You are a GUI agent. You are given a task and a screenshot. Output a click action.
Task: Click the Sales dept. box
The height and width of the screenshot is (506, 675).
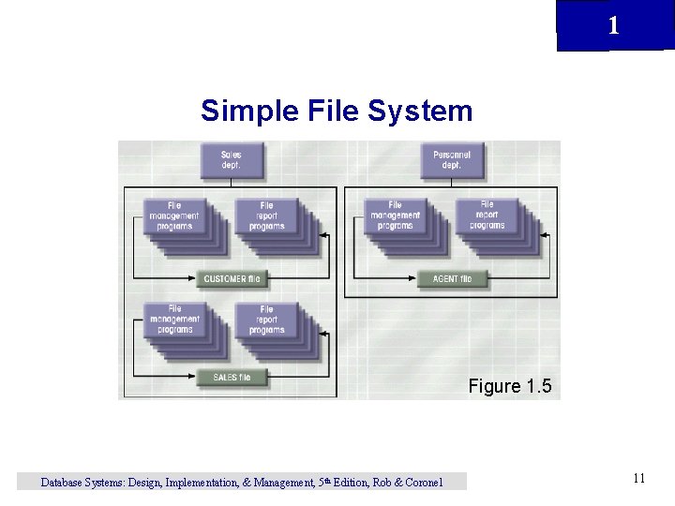232,160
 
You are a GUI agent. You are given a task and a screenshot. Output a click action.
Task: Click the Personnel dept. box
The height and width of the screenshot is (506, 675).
451,160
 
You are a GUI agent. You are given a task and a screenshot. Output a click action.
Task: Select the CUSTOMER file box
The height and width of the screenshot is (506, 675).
232,278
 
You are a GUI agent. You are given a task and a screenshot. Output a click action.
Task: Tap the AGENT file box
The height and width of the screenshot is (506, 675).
452,278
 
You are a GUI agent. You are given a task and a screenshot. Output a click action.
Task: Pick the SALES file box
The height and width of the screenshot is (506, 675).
232,378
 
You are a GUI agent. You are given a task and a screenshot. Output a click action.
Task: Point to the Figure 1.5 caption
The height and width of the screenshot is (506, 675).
510,386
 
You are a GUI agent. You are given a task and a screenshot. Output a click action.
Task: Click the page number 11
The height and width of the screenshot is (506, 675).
638,479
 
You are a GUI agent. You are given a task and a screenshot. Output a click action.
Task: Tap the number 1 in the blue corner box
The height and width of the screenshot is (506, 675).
613,25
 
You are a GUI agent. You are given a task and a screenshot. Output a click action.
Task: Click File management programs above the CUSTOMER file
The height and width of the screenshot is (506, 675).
174,216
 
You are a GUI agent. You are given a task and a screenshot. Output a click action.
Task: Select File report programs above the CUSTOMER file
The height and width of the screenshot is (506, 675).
266,216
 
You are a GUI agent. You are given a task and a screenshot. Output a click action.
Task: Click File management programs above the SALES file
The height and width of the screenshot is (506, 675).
174,320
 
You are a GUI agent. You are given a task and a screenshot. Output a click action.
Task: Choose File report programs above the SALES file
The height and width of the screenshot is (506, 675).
266,320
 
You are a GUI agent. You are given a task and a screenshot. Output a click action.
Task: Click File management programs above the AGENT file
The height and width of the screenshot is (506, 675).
395,216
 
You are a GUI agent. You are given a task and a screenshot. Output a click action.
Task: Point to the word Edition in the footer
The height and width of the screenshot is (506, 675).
344,483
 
